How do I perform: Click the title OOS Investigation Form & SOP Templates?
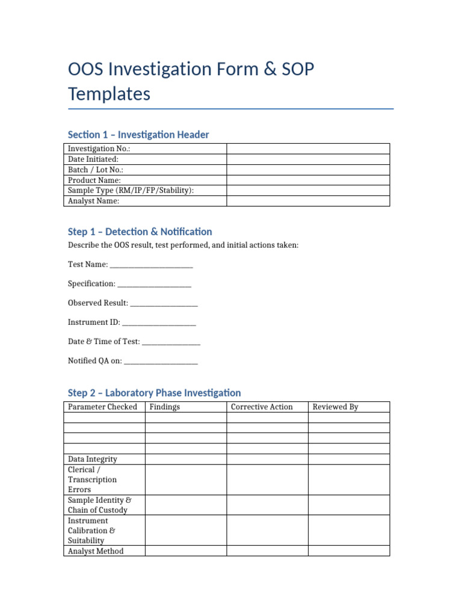pos(191,82)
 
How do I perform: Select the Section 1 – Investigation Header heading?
pos(138,135)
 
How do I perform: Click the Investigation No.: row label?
pos(99,149)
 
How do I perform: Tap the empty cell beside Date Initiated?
pos(308,159)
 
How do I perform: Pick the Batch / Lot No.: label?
pos(96,170)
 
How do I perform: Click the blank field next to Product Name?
pos(308,180)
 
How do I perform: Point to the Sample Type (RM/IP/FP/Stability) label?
pos(131,191)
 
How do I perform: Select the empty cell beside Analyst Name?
pos(308,201)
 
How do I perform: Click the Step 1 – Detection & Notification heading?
pos(140,232)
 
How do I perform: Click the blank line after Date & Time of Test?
pos(171,342)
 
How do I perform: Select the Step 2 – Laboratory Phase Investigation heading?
pos(154,393)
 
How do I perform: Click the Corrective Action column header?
pos(262,407)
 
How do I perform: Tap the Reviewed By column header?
pos(335,407)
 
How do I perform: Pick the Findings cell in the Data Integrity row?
pos(185,459)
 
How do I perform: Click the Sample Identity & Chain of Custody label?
pos(99,505)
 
